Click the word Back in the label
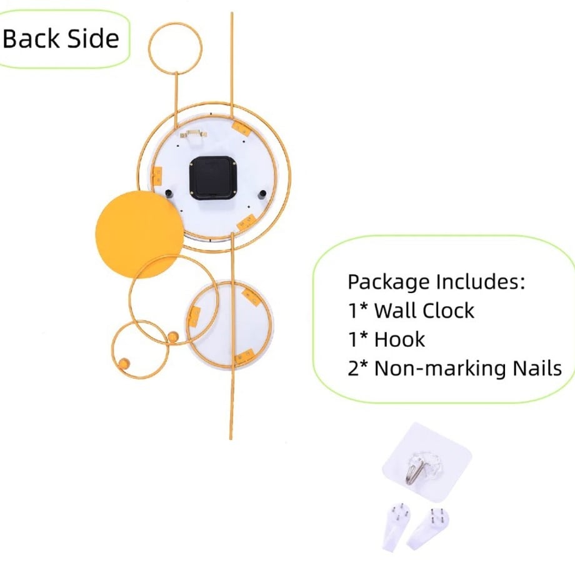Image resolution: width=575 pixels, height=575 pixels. pyautogui.click(x=31, y=39)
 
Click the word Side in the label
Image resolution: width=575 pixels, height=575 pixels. pyautogui.click(x=94, y=39)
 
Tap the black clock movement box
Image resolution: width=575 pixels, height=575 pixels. pyautogui.click(x=212, y=178)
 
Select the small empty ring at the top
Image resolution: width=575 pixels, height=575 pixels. pyautogui.click(x=149, y=47)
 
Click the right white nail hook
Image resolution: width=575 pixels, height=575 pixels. pyautogui.click(x=428, y=528)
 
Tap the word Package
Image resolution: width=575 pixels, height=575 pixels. pyautogui.click(x=389, y=282)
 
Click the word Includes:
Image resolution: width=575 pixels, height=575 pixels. pyautogui.click(x=481, y=282)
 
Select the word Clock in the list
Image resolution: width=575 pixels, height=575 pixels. pyautogui.click(x=449, y=311)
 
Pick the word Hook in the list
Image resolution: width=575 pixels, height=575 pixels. pyautogui.click(x=399, y=339)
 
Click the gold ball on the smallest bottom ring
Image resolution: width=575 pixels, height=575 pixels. pyautogui.click(x=124, y=363)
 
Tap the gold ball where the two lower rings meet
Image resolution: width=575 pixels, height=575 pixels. pyautogui.click(x=173, y=337)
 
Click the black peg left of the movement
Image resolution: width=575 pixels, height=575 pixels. pyautogui.click(x=169, y=194)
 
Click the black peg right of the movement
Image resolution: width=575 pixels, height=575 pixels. pyautogui.click(x=262, y=194)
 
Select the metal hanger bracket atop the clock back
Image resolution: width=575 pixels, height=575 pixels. pyautogui.click(x=193, y=134)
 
